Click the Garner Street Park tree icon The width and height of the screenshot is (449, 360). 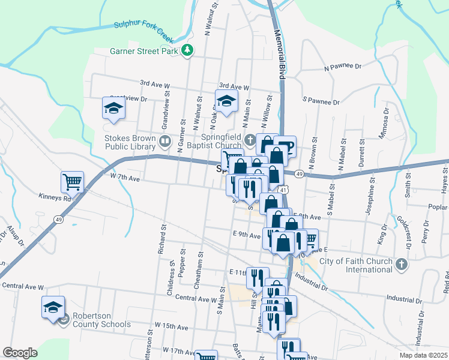tap(188, 50)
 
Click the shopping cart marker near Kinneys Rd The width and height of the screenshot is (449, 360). tap(72, 181)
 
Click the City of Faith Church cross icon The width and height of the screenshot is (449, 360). tap(402, 264)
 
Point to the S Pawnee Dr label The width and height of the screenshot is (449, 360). tap(321, 101)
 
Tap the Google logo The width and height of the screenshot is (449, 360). tap(20, 353)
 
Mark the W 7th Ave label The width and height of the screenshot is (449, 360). tap(125, 178)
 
